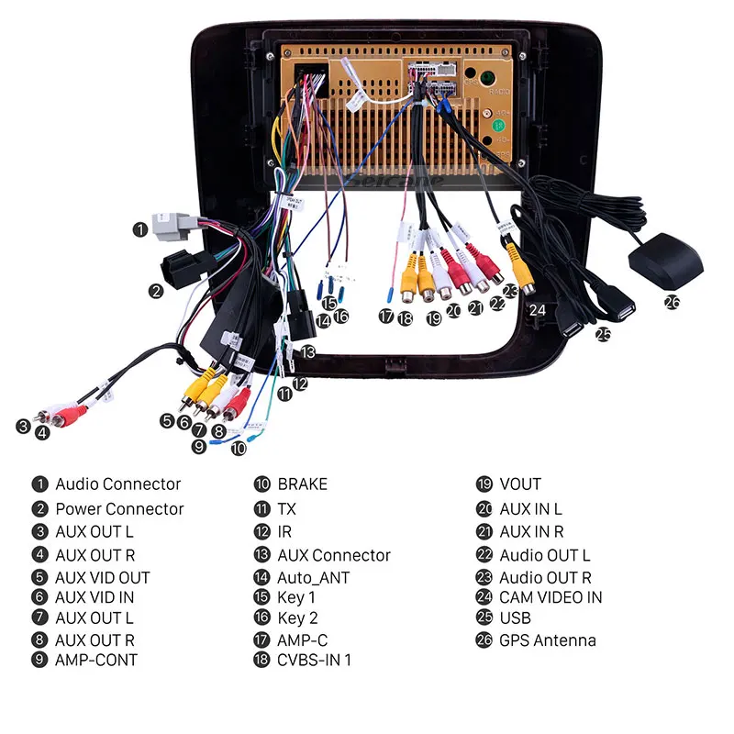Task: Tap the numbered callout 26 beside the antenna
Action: (673, 300)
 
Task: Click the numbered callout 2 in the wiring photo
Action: (156, 291)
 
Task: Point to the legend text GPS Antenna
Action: (548, 640)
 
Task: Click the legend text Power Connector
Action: (119, 508)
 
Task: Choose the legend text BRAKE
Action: (302, 484)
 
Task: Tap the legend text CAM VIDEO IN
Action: (550, 597)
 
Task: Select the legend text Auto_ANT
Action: (313, 578)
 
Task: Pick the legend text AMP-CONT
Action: (96, 660)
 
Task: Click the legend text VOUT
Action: (520, 484)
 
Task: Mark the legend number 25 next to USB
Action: (484, 618)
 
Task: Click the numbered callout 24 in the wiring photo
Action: (538, 310)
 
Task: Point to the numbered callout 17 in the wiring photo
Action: (386, 317)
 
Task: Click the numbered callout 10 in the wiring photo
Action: (239, 449)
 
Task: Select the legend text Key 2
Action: (297, 618)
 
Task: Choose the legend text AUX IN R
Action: (531, 531)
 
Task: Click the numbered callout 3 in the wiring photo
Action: (23, 426)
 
